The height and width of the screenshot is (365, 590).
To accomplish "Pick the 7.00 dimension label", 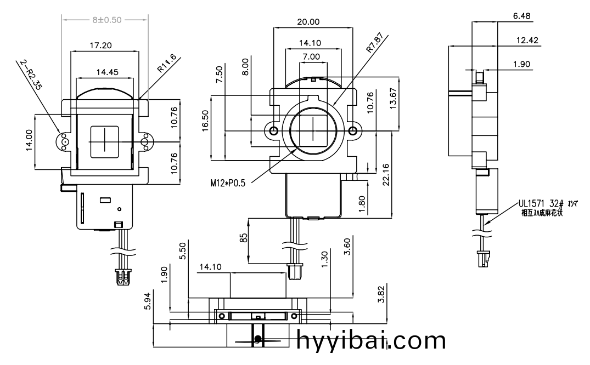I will (311, 56).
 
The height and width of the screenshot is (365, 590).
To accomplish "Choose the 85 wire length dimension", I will (243, 238).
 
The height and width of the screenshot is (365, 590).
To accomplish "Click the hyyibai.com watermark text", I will (372, 341).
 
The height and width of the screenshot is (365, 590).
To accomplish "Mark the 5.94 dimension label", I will (146, 301).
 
